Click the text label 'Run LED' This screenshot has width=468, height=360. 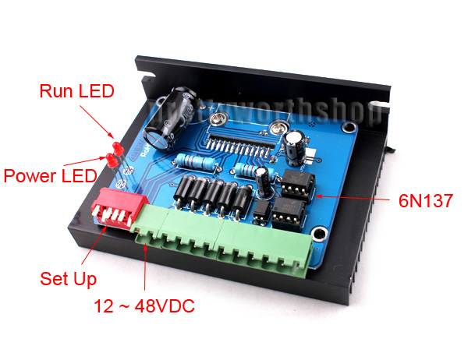76,91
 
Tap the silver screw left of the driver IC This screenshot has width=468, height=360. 218,118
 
